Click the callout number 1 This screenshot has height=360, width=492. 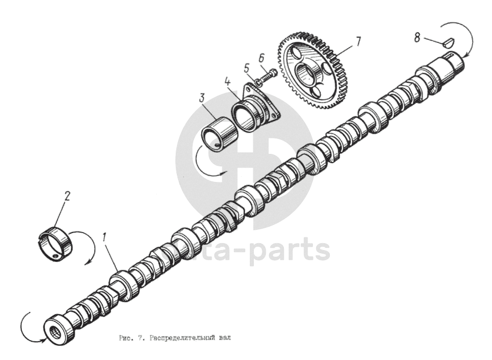pyautogui.click(x=104, y=239)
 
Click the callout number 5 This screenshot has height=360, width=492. pyautogui.click(x=247, y=67)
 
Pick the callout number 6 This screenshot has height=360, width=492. pyautogui.click(x=262, y=57)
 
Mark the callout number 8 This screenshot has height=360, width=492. pyautogui.click(x=417, y=38)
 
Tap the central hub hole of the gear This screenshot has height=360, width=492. pyautogui.click(x=306, y=74)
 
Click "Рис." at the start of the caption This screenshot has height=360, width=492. pyautogui.click(x=125, y=338)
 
